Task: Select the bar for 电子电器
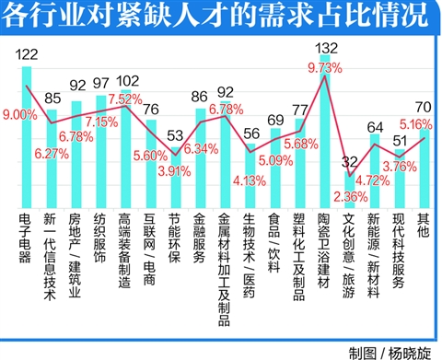(27, 138)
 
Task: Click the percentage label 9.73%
(324, 67)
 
